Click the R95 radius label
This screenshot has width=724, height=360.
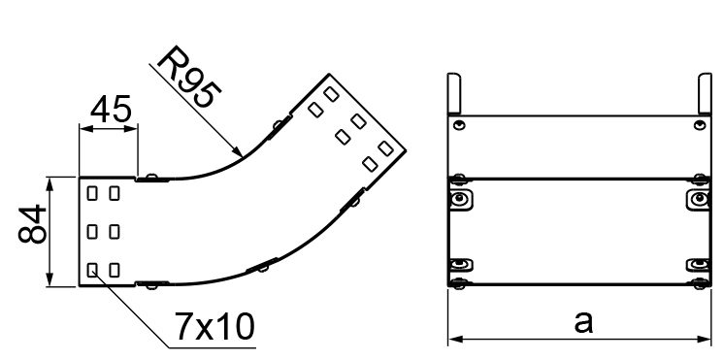(x=189, y=77)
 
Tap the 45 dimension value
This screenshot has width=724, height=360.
(x=111, y=110)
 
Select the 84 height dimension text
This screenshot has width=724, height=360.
(x=32, y=225)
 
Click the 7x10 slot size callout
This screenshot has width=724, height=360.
(x=214, y=327)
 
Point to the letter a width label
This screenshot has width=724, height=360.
(x=583, y=322)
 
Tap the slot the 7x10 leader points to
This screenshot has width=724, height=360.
(x=92, y=270)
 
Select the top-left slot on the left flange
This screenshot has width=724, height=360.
(x=92, y=193)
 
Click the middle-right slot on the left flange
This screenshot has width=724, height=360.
(x=115, y=231)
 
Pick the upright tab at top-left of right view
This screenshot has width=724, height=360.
(x=454, y=93)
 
